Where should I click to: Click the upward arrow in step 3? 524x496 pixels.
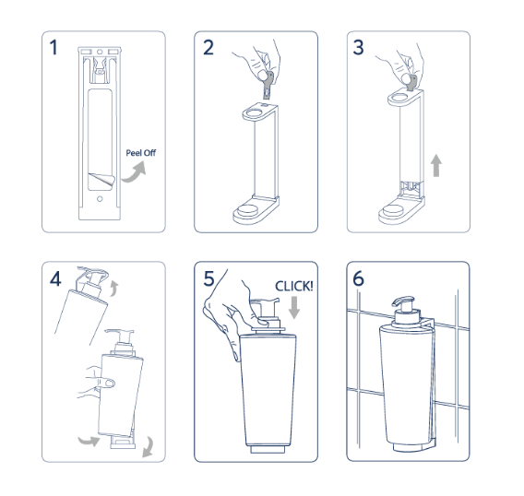[x=436, y=167]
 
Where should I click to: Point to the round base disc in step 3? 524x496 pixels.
[x=403, y=218]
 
